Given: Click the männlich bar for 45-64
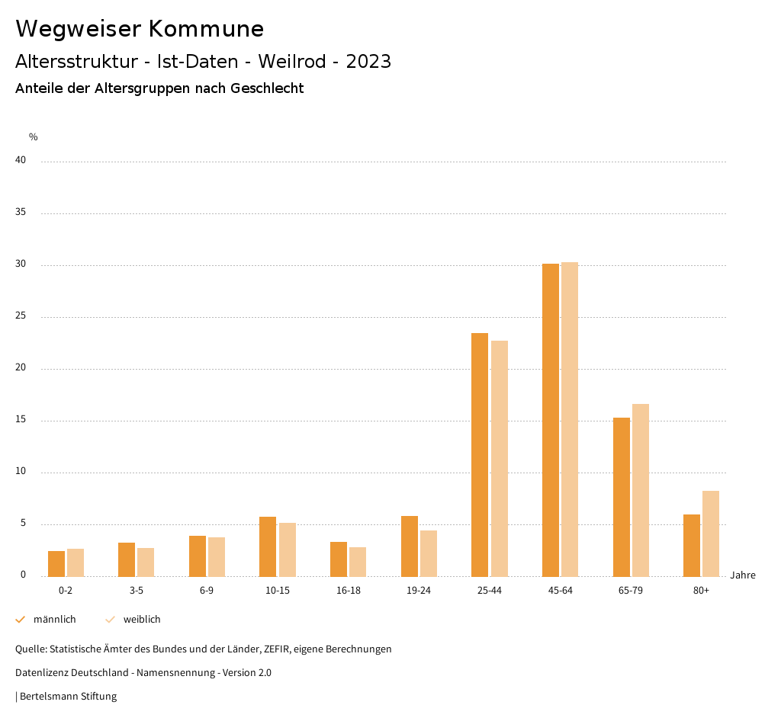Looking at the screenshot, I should (550, 420).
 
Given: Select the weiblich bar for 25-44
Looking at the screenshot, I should (500, 458).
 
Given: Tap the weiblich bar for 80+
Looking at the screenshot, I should (711, 534).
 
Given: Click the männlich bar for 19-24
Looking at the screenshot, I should (410, 546).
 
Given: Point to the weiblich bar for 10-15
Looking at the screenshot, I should (288, 550).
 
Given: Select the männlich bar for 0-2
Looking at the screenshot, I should (56, 563).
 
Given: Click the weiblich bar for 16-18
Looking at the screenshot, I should (358, 562).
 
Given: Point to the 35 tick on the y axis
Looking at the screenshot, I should (21, 212).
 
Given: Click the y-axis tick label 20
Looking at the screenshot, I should (21, 367).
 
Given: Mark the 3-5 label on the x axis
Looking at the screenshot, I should (137, 591).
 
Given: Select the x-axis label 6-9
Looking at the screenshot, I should (207, 591).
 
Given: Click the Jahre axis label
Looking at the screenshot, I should (742, 575).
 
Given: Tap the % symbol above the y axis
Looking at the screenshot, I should (34, 137).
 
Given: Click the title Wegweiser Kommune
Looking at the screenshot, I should (140, 29).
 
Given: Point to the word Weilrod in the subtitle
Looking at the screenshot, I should (294, 62).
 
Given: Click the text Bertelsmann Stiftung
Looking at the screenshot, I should (68, 696).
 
